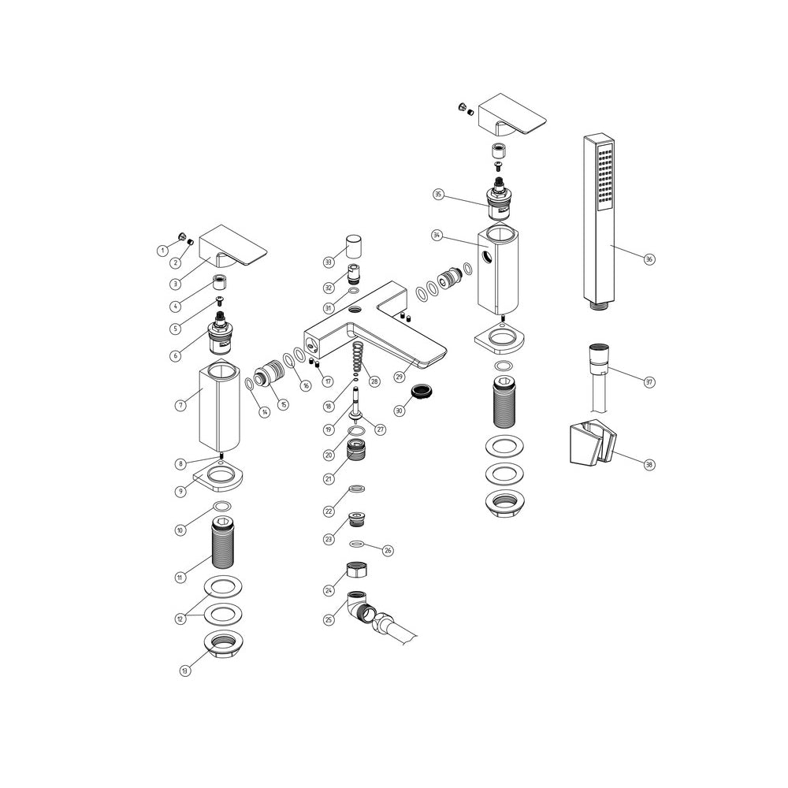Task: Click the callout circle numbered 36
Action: pyautogui.click(x=649, y=259)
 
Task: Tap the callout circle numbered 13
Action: pyautogui.click(x=184, y=671)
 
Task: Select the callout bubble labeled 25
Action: pyautogui.click(x=329, y=620)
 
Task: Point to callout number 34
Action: pyautogui.click(x=437, y=236)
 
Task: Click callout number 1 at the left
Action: pyautogui.click(x=162, y=251)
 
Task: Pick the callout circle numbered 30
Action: pyautogui.click(x=399, y=410)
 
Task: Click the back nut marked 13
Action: pyautogui.click(x=223, y=643)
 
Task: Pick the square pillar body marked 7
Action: pyautogui.click(x=218, y=403)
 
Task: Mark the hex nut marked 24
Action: pyautogui.click(x=355, y=571)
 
